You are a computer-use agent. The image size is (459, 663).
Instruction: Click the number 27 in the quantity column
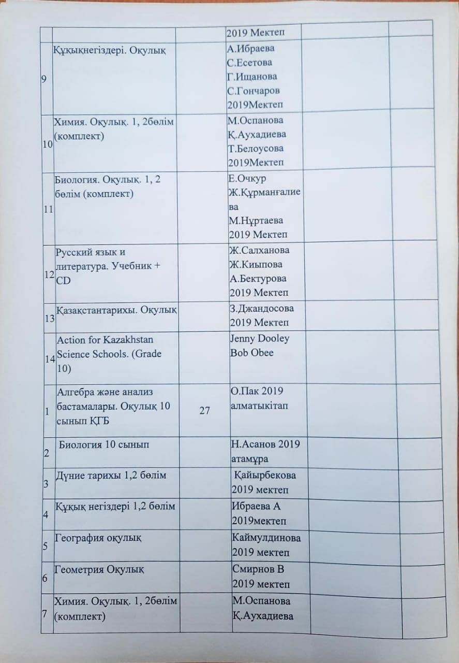point(204,411)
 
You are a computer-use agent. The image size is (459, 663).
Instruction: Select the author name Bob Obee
point(252,353)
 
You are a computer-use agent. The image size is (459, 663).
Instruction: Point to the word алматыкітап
point(258,405)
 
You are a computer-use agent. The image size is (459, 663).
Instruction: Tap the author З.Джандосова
point(262,309)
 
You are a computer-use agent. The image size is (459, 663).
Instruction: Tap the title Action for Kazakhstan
point(98,339)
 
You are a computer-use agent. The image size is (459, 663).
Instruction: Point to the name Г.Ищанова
point(252,77)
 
